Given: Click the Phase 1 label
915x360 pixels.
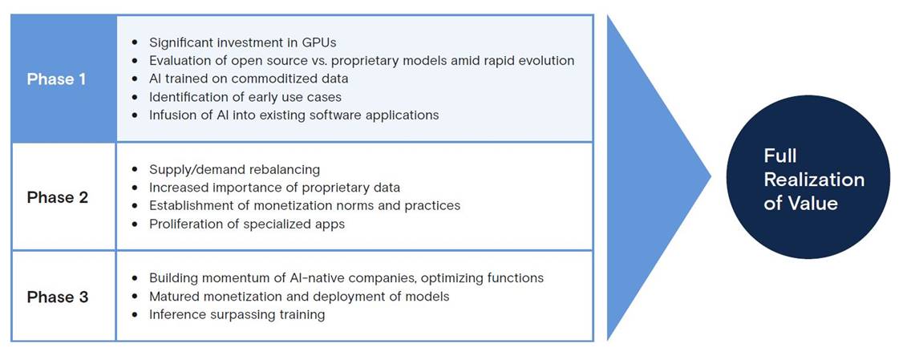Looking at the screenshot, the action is (x=56, y=79).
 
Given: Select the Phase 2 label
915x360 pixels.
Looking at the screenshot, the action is (x=57, y=196).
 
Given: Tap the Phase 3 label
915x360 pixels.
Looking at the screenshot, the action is (x=57, y=297).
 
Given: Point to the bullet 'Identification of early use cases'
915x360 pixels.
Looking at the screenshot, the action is (x=245, y=96).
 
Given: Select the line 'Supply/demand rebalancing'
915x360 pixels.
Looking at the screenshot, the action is (x=235, y=170).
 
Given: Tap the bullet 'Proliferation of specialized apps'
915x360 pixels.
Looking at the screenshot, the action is (x=247, y=224).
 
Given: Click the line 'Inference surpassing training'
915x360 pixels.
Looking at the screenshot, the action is (x=237, y=314).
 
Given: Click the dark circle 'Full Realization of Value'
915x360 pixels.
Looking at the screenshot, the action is (x=808, y=176).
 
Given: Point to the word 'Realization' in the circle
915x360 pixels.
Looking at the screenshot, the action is (x=814, y=179).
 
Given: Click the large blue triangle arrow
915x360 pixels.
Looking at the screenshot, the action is (x=659, y=176).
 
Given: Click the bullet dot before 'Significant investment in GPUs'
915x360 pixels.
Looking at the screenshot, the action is (x=136, y=42).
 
